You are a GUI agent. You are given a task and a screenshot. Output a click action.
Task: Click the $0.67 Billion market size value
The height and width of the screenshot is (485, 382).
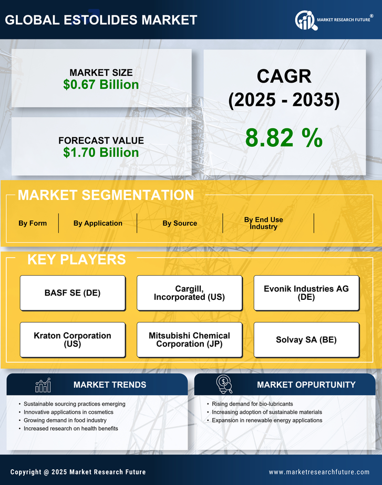click(x=101, y=85)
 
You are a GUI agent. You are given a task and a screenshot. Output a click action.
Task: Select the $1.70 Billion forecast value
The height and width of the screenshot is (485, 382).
click(x=101, y=153)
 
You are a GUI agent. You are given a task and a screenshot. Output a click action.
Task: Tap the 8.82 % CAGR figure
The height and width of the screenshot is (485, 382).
click(x=284, y=137)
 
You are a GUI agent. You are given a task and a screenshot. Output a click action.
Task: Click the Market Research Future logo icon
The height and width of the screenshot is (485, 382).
click(x=305, y=21)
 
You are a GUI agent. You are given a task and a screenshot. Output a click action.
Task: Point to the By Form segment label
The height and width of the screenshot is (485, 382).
click(x=33, y=223)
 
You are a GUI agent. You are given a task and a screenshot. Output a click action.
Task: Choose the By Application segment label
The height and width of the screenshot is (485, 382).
click(x=98, y=223)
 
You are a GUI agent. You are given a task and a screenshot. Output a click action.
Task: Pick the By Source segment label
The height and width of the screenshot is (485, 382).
click(x=180, y=223)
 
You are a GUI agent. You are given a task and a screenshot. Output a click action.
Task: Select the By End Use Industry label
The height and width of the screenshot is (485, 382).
click(x=263, y=223)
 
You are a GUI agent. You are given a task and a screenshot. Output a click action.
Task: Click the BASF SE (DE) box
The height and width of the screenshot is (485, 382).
click(x=73, y=293)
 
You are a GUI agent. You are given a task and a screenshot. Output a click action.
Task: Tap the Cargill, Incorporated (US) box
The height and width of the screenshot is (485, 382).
click(x=189, y=293)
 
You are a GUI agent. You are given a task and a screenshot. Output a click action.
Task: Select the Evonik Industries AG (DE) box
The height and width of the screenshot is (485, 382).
click(x=306, y=293)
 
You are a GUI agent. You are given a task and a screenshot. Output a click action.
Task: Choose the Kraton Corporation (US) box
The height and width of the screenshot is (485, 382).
click(x=73, y=340)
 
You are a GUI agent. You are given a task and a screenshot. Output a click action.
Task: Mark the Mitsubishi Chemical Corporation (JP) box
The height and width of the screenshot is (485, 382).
click(x=189, y=340)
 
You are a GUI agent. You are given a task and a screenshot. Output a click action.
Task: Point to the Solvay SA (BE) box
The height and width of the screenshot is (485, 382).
click(x=306, y=340)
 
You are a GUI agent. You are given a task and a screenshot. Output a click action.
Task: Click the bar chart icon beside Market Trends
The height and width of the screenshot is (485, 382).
click(x=43, y=385)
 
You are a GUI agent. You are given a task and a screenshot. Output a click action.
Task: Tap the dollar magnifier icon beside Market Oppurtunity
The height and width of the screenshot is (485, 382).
click(x=224, y=385)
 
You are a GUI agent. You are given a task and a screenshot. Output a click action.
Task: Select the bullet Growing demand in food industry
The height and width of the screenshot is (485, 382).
click(x=65, y=420)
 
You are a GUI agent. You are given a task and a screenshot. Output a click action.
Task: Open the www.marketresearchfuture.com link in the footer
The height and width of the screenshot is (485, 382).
click(x=319, y=472)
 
